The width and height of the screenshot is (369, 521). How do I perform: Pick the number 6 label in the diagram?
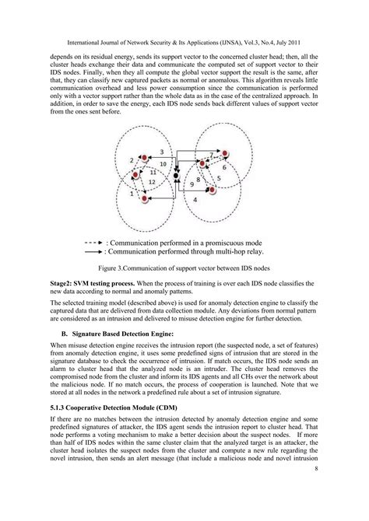click(224, 167)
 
